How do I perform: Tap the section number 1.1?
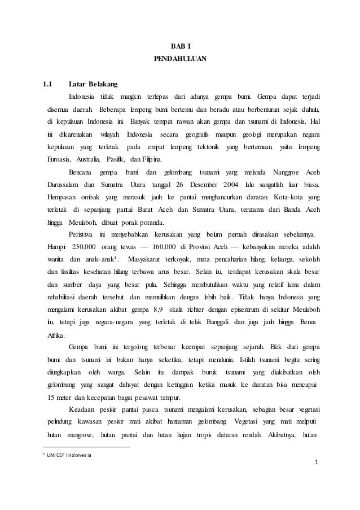click(51, 85)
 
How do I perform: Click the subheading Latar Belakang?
click(93, 85)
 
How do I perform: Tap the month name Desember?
click(191, 185)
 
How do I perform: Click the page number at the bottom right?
click(317, 464)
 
